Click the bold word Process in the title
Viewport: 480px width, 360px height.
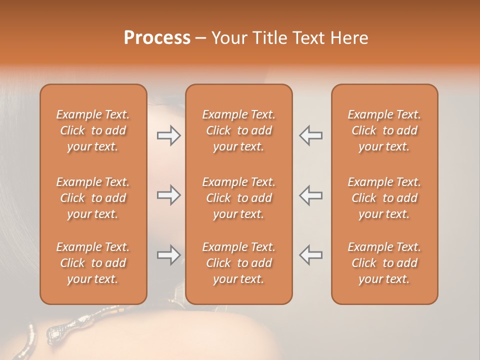coord(157,38)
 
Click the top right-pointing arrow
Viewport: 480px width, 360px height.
coord(168,135)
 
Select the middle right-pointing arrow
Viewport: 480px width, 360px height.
coord(168,195)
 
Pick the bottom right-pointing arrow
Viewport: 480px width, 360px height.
coord(168,255)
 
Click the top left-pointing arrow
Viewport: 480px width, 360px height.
coord(311,135)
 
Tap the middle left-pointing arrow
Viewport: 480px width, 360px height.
coord(311,195)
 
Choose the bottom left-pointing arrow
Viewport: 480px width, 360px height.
coord(311,255)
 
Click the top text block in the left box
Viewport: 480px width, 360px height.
coord(93,130)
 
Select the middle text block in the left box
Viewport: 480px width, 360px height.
coord(93,198)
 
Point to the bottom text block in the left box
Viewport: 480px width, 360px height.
coord(93,263)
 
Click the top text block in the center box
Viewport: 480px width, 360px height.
coord(238,130)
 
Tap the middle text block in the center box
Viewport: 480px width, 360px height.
coord(238,198)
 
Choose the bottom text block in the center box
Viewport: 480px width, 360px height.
coord(238,263)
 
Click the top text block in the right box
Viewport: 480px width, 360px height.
coord(384,130)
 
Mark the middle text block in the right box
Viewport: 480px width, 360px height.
coord(384,198)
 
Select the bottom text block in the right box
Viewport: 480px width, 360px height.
coord(384,263)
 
